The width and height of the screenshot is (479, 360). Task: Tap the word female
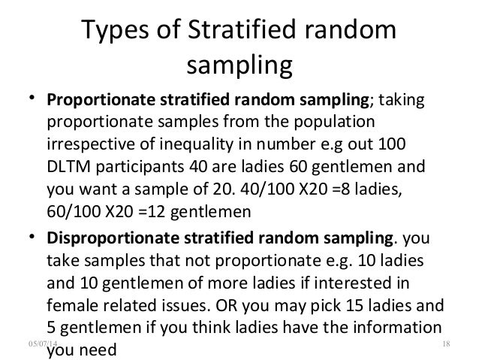click(72, 306)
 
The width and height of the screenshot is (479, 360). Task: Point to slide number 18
click(447, 342)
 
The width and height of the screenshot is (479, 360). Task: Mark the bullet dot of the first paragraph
click(31, 101)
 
